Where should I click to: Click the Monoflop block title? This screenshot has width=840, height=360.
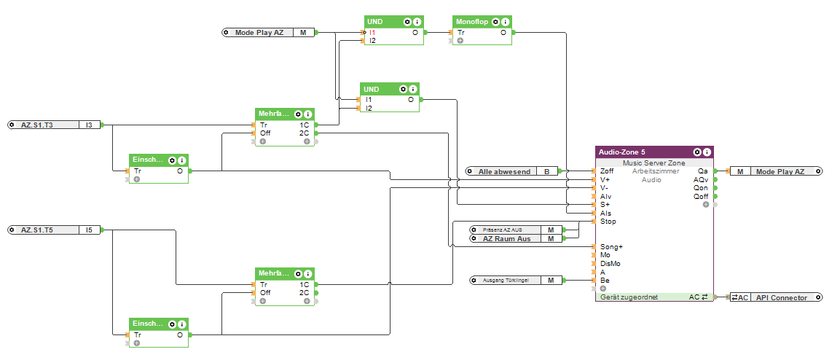coord(472,22)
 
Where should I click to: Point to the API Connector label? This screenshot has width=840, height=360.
coord(782,297)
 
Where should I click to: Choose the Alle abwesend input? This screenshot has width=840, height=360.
coord(504,171)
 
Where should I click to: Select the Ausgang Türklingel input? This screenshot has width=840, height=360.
coord(506,280)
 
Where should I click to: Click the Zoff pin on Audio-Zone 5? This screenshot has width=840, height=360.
coord(605,171)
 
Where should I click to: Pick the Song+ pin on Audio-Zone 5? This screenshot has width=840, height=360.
coord(610,246)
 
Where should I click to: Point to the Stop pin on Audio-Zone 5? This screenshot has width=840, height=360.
coord(607,221)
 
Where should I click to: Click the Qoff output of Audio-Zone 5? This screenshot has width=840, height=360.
coord(701,196)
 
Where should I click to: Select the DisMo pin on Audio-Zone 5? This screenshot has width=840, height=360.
coord(610,263)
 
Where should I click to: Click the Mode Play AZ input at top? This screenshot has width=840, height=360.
coord(259,33)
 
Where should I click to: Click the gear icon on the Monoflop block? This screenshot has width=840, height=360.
coord(495,22)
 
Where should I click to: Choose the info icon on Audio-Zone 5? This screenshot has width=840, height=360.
coord(707,152)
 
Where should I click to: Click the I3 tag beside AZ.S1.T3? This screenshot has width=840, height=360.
coord(88,125)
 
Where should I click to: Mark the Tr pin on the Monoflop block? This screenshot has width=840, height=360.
coord(460,33)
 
